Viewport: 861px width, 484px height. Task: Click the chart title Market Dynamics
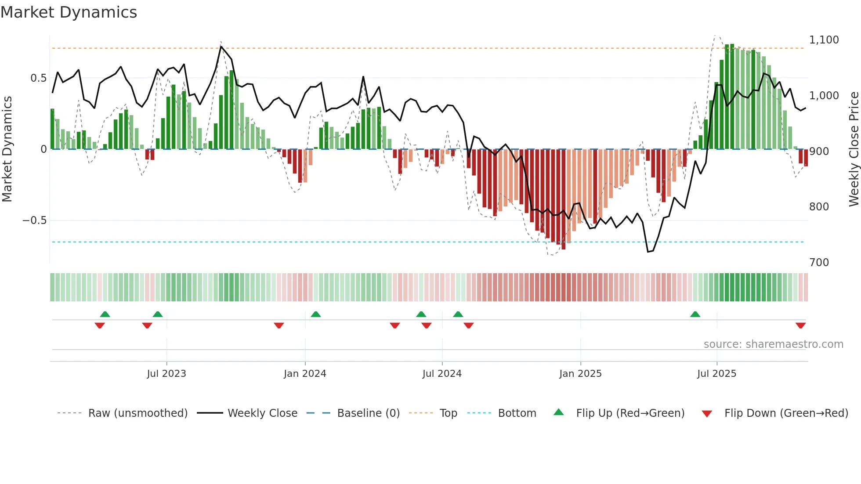click(69, 12)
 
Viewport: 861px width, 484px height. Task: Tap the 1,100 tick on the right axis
click(824, 40)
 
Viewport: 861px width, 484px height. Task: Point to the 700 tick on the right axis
click(819, 263)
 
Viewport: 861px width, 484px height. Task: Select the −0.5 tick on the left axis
click(35, 220)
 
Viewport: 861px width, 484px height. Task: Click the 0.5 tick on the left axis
click(38, 78)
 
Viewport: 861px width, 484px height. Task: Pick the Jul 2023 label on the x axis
click(166, 374)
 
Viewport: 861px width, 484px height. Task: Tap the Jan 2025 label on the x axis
click(580, 374)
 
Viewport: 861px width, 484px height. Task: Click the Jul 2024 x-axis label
click(442, 374)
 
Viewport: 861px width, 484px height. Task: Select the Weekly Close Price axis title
click(854, 149)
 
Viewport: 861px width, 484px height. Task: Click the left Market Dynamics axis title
click(7, 149)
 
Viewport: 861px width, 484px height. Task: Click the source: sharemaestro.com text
click(773, 344)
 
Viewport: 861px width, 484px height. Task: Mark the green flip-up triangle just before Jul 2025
click(695, 314)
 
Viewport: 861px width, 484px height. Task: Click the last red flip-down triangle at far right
click(800, 325)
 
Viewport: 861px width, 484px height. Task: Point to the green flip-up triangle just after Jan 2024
click(315, 314)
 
